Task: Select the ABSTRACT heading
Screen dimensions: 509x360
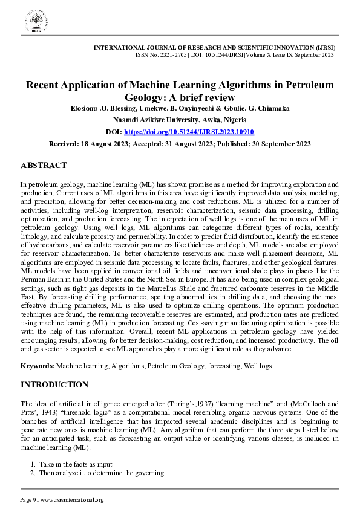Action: [44, 165]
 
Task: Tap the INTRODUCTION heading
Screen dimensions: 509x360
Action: [54, 384]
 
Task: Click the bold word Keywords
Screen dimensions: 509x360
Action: [38, 366]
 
